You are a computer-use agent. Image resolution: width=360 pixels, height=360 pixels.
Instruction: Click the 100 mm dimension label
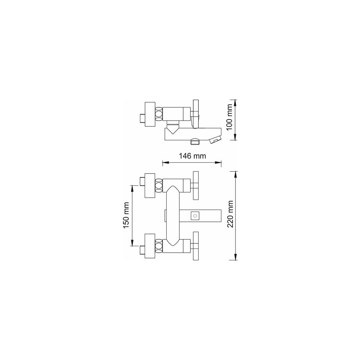[x=230, y=117]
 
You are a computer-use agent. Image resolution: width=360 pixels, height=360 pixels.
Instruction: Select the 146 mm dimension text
[x=192, y=156]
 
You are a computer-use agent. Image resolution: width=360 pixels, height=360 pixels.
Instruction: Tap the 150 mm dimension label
[x=126, y=215]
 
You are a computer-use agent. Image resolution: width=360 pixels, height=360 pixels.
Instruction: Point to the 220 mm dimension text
[x=230, y=214]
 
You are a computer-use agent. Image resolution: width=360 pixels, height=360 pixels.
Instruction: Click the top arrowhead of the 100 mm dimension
[x=235, y=103]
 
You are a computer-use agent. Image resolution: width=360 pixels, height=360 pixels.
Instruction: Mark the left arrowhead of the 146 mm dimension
[x=166, y=163]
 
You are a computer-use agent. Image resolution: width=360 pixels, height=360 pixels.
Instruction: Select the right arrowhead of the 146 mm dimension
[x=219, y=163]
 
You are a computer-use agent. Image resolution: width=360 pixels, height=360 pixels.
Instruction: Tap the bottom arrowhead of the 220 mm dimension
[x=235, y=257]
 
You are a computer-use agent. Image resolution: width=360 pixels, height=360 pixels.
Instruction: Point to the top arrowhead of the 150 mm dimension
[x=132, y=188]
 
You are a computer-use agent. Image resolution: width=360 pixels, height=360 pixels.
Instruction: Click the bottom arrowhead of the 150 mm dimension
[x=132, y=243]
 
